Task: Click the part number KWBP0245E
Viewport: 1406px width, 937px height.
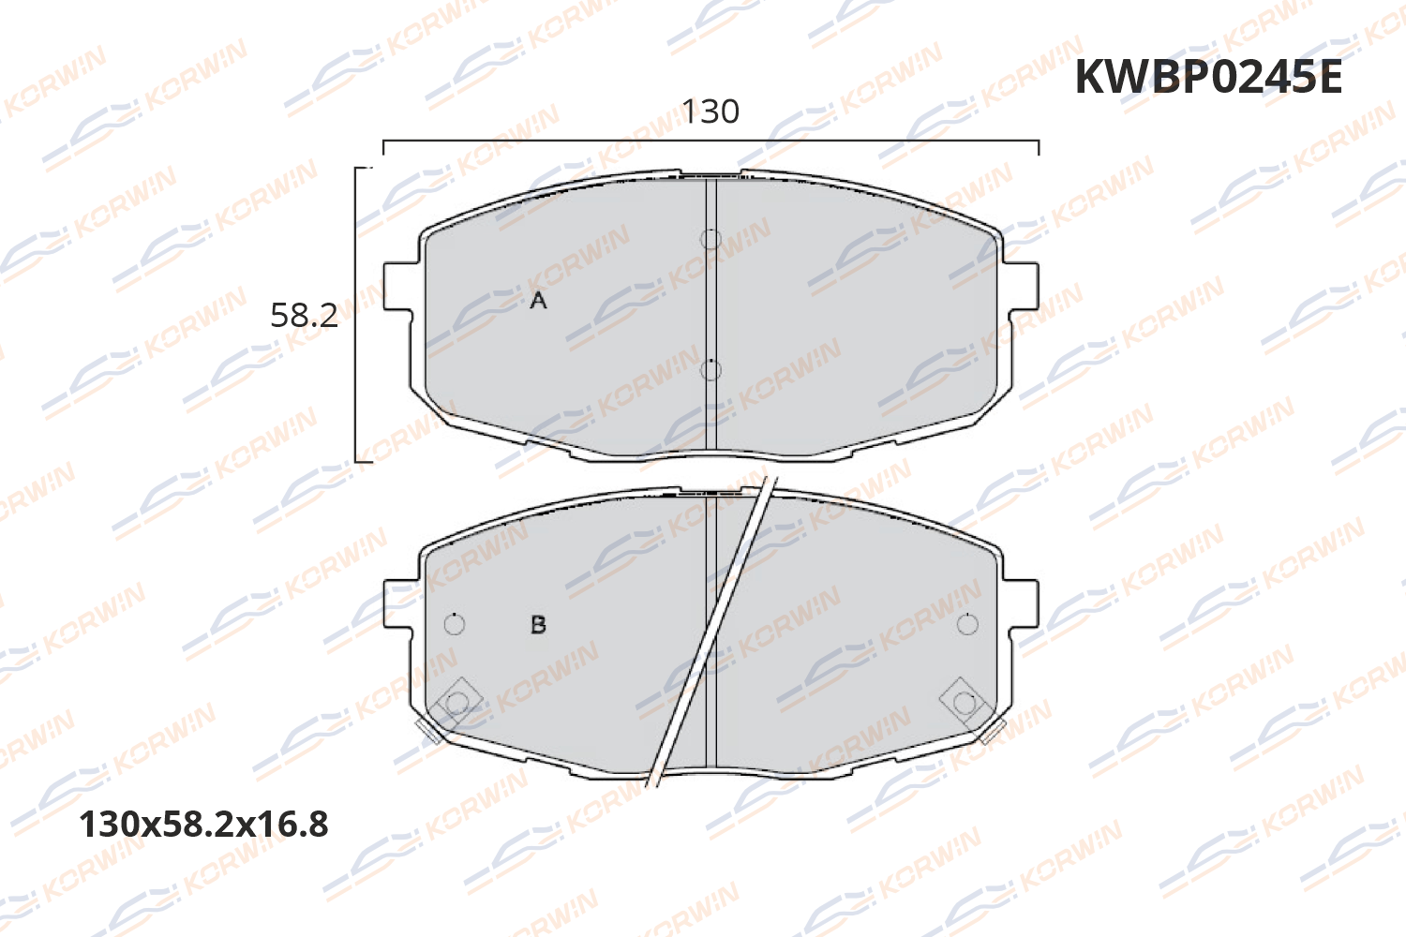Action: click(1207, 77)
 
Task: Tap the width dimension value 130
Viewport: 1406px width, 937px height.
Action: click(710, 112)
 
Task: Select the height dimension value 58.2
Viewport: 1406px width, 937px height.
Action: click(304, 315)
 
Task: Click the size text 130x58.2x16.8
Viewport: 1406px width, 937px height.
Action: click(204, 825)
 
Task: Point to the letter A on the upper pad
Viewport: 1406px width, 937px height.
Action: click(538, 301)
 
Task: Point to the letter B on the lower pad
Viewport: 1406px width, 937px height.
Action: click(538, 625)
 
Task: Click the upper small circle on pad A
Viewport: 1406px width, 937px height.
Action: click(710, 239)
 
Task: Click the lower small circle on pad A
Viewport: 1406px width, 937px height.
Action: click(710, 370)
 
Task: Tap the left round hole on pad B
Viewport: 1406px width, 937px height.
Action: click(454, 624)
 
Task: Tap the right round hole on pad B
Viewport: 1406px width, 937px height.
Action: click(967, 624)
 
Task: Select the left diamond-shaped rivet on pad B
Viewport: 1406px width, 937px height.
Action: click(456, 702)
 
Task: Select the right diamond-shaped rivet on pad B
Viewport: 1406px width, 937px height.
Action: click(964, 702)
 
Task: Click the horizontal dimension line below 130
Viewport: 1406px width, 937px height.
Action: click(710, 141)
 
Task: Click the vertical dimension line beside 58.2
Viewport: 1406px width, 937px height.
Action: click(356, 315)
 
